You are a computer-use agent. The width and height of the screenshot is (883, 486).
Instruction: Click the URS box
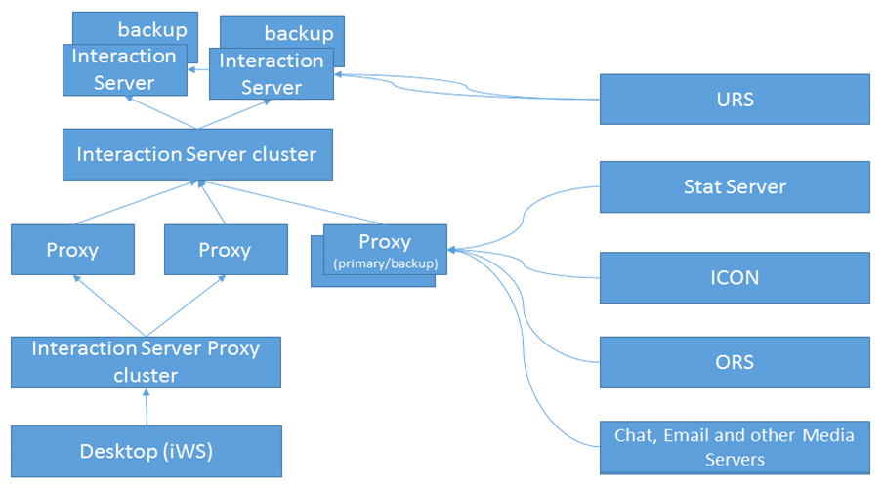point(735,99)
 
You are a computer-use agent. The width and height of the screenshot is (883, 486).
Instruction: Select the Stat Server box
point(735,186)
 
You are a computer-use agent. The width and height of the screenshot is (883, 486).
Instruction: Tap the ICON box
point(735,278)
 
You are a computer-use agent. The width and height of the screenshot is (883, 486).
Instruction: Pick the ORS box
point(735,362)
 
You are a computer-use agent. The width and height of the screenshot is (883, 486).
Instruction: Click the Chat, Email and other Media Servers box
point(735,447)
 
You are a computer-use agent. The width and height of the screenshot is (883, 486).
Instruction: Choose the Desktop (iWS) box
point(147,451)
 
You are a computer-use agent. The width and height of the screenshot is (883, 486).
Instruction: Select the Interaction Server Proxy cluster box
point(146,362)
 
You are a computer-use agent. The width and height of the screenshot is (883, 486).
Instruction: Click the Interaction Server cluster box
point(197,155)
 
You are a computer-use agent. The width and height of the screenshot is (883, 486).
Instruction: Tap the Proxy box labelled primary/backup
point(385,250)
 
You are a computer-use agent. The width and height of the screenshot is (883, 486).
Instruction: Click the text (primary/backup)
point(385,263)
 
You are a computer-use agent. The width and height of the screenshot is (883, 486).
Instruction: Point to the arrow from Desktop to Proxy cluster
point(147,407)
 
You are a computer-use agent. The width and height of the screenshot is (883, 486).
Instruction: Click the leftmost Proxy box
point(72,250)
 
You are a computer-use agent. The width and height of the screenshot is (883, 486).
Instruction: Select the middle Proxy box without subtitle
point(226,250)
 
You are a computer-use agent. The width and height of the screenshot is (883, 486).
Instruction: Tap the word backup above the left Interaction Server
point(152,30)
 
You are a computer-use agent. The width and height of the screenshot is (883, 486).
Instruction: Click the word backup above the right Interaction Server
point(299,34)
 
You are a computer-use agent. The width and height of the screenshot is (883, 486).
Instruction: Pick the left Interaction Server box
point(124,69)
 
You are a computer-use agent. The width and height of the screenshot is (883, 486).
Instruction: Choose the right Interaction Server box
point(272,74)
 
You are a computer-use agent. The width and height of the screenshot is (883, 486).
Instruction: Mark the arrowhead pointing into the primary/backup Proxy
point(451,250)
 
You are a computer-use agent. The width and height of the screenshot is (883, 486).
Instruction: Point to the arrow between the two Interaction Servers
point(198,69)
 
